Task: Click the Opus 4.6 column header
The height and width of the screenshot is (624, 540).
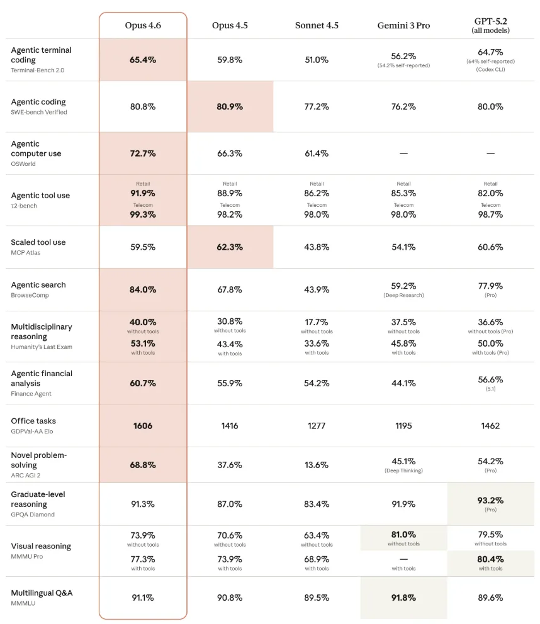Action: tap(143, 25)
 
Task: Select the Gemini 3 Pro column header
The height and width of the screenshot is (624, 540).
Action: tap(403, 25)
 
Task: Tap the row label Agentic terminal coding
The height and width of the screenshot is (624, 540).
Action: tap(41, 55)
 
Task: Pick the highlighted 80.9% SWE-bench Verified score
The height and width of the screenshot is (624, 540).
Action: tap(230, 106)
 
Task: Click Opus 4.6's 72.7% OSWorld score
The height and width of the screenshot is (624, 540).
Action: tap(143, 153)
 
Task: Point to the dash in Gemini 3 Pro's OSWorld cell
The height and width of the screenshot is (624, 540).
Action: tap(403, 153)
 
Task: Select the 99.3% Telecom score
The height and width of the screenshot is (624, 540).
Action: tap(143, 214)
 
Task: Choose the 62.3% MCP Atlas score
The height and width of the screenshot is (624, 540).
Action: tap(230, 247)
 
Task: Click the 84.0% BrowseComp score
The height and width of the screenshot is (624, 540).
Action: tap(143, 290)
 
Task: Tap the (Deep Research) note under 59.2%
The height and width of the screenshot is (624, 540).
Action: tap(403, 295)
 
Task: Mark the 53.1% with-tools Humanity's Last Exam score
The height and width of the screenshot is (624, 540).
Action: tap(143, 343)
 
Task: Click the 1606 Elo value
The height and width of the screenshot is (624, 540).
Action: tap(143, 426)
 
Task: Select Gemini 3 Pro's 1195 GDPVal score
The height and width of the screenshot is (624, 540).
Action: tap(403, 426)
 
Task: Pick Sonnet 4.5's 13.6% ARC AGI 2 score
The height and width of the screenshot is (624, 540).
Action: tap(317, 465)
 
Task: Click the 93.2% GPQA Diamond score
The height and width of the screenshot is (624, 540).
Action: tap(490, 501)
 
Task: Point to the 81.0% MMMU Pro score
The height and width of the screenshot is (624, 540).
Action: tap(403, 535)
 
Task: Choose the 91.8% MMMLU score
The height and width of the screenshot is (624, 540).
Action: tap(403, 598)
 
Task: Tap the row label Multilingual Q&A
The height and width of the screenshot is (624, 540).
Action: tap(42, 593)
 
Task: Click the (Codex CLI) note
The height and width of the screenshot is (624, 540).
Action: tap(490, 69)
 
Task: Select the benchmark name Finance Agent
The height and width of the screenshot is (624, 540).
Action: tap(31, 394)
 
